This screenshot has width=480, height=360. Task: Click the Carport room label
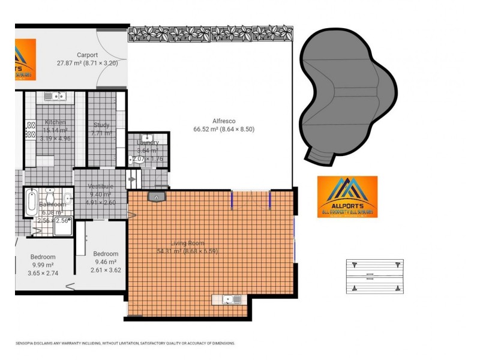pos(87,55)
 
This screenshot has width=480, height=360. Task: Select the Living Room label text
pos(187,243)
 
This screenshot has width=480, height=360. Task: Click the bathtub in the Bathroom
pos(32,202)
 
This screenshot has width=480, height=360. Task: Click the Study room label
pos(101,125)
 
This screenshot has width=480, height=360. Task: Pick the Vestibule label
pos(100,186)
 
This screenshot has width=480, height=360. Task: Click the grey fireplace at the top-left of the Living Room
pos(157,196)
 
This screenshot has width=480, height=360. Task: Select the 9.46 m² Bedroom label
pos(105,253)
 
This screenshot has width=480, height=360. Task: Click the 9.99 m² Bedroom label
pos(43,257)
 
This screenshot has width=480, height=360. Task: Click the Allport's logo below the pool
pos(347,196)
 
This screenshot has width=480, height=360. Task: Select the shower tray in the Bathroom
pos(62,226)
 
